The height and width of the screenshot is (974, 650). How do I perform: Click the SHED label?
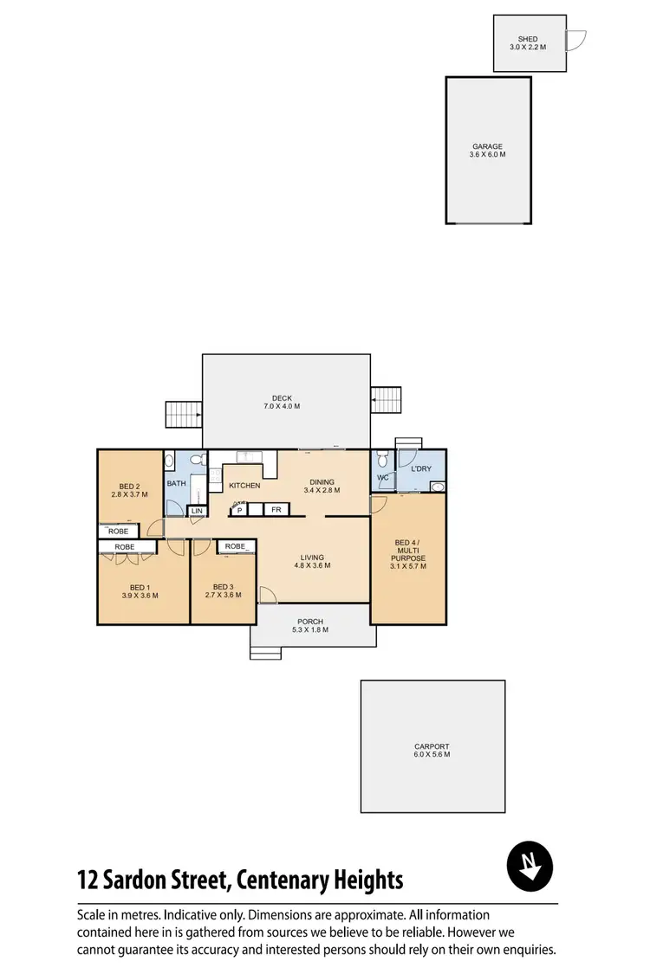(x=528, y=39)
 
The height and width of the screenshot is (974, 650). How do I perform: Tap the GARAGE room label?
(x=487, y=146)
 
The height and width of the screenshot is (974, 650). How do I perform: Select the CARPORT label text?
(x=432, y=746)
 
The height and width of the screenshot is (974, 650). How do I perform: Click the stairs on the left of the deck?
(x=182, y=414)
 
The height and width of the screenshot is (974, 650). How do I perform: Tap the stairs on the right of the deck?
(x=387, y=400)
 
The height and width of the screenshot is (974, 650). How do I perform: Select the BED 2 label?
(x=129, y=486)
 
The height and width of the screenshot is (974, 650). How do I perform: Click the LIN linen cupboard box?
(x=197, y=511)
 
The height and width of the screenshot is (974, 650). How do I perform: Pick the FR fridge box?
(x=276, y=511)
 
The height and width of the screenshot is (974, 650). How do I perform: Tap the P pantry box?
(x=239, y=511)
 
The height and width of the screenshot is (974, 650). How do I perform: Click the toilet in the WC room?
(x=381, y=461)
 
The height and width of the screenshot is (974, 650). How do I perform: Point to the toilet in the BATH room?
(x=197, y=461)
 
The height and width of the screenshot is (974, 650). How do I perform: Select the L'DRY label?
(x=421, y=469)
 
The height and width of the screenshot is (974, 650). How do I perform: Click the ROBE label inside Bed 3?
(x=235, y=546)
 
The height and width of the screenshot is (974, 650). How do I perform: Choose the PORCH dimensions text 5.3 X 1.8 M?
(x=310, y=629)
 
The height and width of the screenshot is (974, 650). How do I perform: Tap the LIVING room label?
(x=312, y=558)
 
